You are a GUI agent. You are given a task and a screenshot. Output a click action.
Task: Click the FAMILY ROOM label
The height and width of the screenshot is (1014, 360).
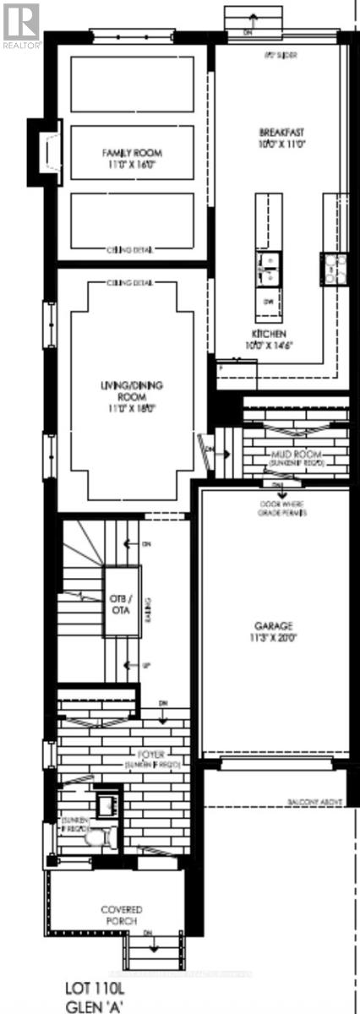pos(131,153)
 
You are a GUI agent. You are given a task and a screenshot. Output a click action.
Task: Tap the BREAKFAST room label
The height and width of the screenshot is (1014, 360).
pos(281,132)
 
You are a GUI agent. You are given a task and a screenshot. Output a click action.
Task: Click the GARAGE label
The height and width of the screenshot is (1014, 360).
pos(273,626)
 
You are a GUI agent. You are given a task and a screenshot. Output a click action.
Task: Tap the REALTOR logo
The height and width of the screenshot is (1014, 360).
pos(20,23)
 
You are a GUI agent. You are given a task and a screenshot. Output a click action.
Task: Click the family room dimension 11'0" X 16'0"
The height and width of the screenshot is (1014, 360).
pos(131,166)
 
